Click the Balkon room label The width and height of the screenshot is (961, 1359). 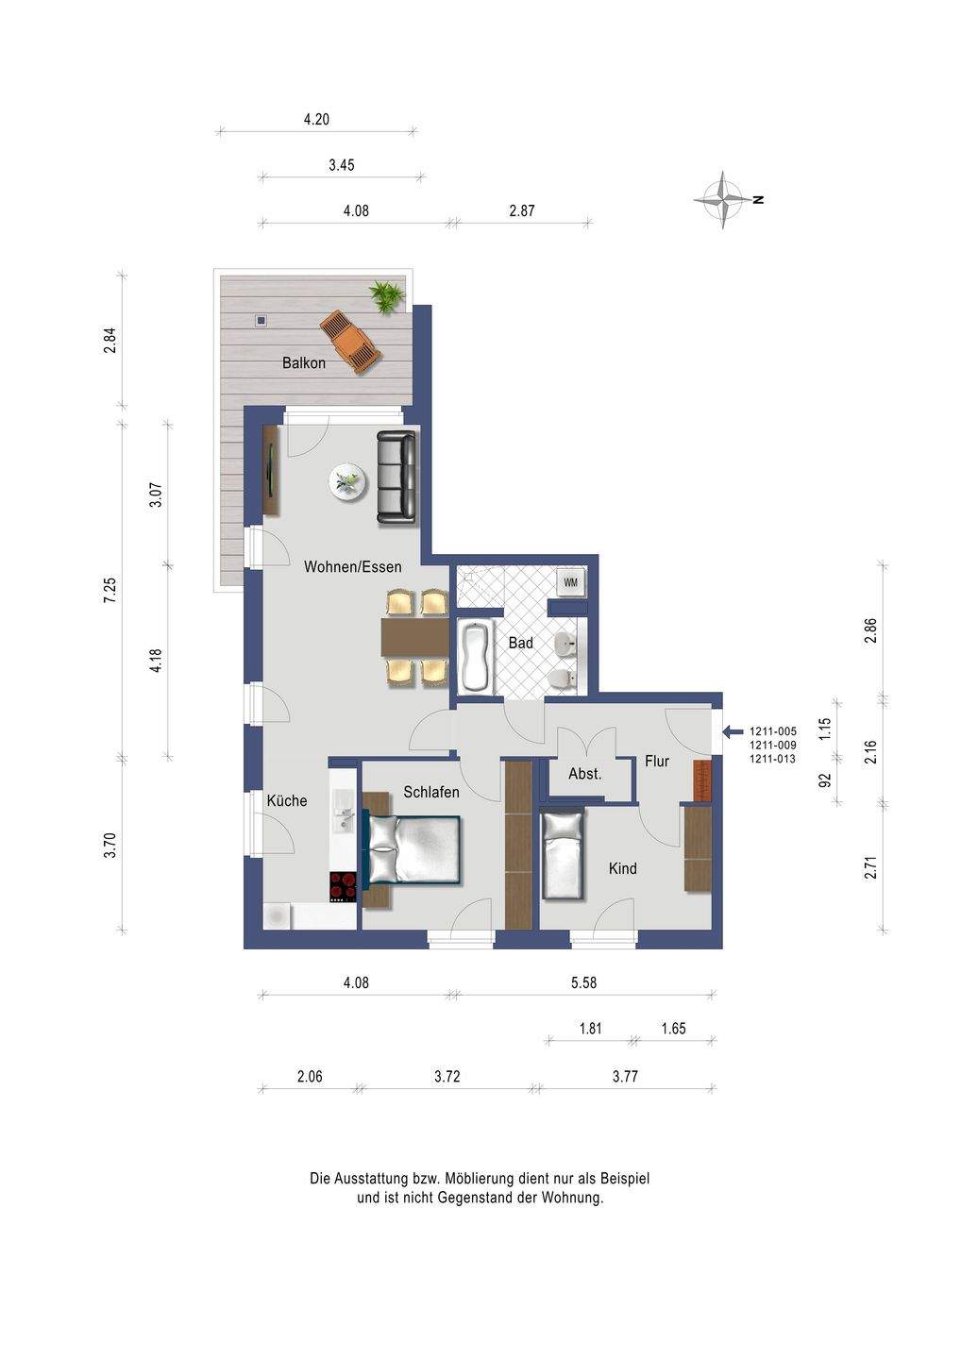[x=303, y=362]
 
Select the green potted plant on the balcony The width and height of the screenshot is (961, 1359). [x=387, y=296]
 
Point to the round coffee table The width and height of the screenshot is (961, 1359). [x=347, y=483]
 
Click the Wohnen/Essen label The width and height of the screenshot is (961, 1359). [x=352, y=566]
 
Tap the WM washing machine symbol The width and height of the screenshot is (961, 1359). [x=571, y=582]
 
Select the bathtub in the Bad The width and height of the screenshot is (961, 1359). [x=476, y=658]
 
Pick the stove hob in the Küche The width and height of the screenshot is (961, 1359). [x=344, y=887]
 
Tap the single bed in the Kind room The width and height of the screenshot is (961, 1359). [x=563, y=855]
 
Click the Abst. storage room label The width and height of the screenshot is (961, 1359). [x=585, y=774]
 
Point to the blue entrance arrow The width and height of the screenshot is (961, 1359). [x=733, y=731]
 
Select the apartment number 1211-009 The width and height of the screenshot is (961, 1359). [x=773, y=745]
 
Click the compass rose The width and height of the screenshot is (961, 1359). [x=724, y=200]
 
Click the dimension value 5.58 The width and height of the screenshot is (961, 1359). [x=583, y=982]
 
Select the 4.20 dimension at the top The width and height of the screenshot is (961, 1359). [x=316, y=120]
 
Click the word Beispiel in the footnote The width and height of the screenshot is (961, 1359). [x=625, y=1178]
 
